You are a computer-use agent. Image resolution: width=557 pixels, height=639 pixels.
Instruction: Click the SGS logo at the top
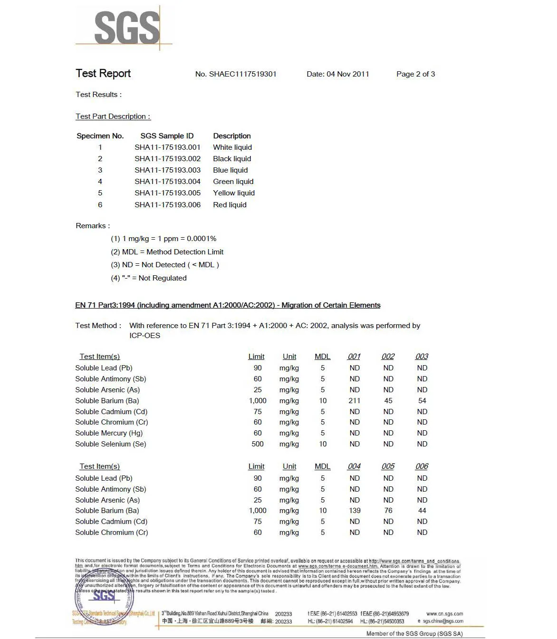point(126,28)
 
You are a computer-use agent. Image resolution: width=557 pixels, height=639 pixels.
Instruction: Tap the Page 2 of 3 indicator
point(415,74)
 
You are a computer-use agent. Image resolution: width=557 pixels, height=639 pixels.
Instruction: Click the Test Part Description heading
point(113,116)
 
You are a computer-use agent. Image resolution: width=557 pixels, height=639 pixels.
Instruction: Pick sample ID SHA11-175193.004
point(167,182)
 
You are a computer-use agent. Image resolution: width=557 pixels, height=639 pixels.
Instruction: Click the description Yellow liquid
point(234,193)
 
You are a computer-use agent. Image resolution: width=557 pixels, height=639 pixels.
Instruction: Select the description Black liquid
point(232,159)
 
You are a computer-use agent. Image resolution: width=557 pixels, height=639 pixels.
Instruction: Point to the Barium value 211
point(355,401)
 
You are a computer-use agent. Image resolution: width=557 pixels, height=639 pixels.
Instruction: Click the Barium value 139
point(355,511)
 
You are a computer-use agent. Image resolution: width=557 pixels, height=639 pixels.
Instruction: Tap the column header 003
point(422,357)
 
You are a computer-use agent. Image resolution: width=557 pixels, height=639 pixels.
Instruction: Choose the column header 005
point(388,466)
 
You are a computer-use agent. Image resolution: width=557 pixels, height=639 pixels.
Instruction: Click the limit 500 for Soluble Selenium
point(258,444)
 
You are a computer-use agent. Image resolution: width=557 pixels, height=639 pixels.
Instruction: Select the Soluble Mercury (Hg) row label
point(109,433)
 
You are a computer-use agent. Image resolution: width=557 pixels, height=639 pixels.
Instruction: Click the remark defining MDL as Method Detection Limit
point(167,252)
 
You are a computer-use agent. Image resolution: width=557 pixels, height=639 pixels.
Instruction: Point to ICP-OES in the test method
point(144,336)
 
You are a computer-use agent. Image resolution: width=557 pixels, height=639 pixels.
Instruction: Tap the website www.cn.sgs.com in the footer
point(444,614)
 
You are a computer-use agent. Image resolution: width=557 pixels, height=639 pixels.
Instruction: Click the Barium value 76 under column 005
point(388,511)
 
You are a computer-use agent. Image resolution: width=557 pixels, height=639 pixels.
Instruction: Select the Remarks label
point(93,226)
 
